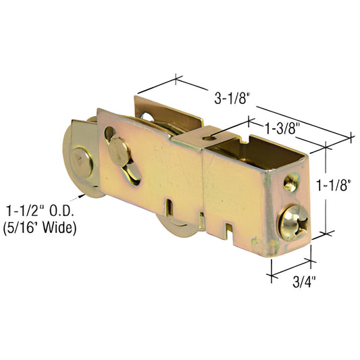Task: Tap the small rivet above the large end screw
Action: pos(290,181)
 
